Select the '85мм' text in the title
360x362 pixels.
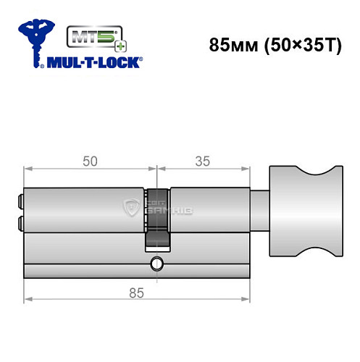point(230,43)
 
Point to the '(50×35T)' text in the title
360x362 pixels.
point(293,43)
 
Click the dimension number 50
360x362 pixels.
point(89,161)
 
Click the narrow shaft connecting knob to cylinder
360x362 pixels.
point(257,211)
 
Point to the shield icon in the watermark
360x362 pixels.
point(133,209)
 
